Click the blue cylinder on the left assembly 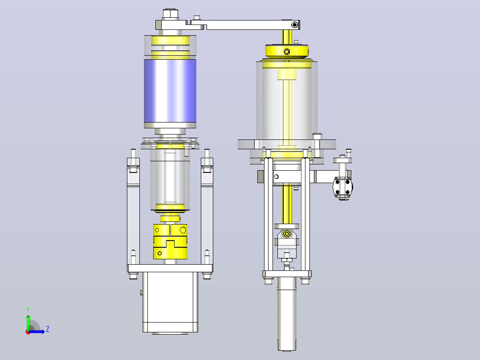pos(170,91)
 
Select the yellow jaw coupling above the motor pos(170,241)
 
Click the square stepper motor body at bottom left pos(170,302)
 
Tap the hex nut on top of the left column pos(171,14)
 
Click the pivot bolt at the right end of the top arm pos(294,25)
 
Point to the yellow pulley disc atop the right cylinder pos(287,51)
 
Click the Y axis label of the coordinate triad pos(28,310)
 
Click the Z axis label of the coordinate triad pos(48,329)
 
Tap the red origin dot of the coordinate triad pos(28,332)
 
